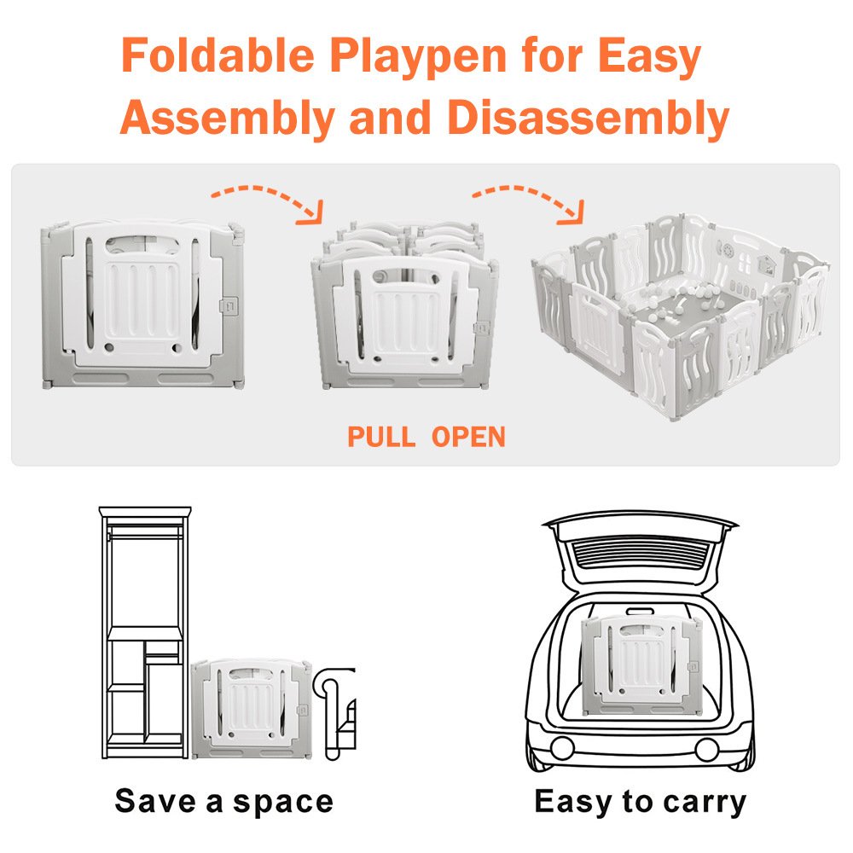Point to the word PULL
pyautogui.click(x=381, y=437)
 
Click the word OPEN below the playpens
pyautogui.click(x=468, y=437)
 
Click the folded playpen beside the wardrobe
pyautogui.click(x=252, y=708)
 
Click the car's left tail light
pyautogui.click(x=561, y=749)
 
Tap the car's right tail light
pyautogui.click(x=706, y=749)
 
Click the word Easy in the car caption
pyautogui.click(x=574, y=802)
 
